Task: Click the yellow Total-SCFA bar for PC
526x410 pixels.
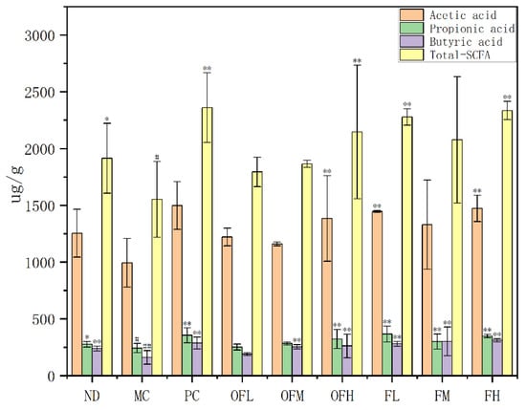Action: (208, 242)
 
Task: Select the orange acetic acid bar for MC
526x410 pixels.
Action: (127, 319)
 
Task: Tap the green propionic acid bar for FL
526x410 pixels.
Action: (387, 355)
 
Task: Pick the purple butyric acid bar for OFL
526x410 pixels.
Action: (248, 364)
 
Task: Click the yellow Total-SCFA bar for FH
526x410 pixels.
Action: (507, 243)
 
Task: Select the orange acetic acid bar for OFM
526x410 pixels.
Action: (277, 310)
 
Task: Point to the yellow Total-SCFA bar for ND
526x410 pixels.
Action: (107, 267)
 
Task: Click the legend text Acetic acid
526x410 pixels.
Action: (463, 15)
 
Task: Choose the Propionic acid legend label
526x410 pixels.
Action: (472, 29)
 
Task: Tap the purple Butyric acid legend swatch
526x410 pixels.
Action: (411, 41)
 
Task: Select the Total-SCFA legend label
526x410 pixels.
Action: (460, 54)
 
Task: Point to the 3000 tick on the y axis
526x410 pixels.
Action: (39, 35)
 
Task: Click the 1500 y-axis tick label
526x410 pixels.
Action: (39, 205)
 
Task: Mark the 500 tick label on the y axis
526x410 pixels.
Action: (43, 319)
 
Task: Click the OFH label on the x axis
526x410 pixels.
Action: (341, 397)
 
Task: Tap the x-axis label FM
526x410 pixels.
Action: (442, 397)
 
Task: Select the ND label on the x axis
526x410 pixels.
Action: (92, 397)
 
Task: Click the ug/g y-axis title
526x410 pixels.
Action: (16, 184)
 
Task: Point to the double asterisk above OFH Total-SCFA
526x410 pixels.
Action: (357, 61)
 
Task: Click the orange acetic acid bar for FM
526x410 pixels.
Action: (427, 300)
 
